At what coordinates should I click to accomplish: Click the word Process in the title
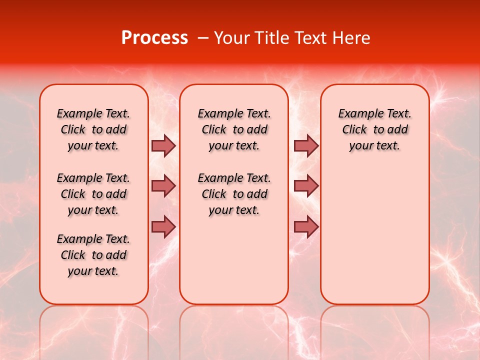pyautogui.click(x=154, y=38)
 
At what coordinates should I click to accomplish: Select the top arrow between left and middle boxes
pyautogui.click(x=163, y=146)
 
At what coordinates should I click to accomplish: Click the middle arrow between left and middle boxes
pyautogui.click(x=163, y=186)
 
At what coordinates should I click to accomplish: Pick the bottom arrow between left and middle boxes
pyautogui.click(x=163, y=226)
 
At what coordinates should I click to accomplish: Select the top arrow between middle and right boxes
pyautogui.click(x=306, y=146)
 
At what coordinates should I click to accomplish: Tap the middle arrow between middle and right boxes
pyautogui.click(x=306, y=186)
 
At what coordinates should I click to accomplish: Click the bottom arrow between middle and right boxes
pyautogui.click(x=306, y=226)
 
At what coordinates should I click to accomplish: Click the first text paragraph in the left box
pyautogui.click(x=93, y=129)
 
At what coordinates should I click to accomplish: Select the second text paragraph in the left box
pyautogui.click(x=93, y=194)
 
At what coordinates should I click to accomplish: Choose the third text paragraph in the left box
pyautogui.click(x=93, y=255)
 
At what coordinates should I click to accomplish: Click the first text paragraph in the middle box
pyautogui.click(x=234, y=129)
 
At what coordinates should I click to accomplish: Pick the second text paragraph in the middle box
pyautogui.click(x=234, y=194)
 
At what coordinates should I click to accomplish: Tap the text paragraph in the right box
pyautogui.click(x=374, y=129)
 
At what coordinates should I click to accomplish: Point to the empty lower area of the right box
pyautogui.click(x=374, y=235)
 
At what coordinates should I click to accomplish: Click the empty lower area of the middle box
pyautogui.click(x=234, y=260)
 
